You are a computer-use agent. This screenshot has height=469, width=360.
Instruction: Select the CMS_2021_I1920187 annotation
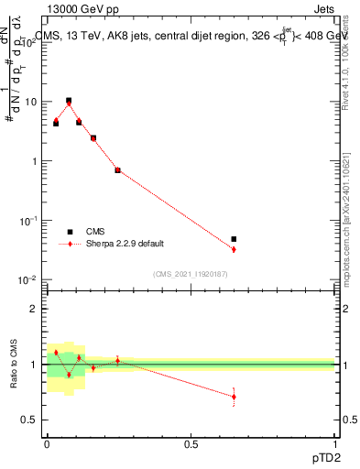tap(190, 274)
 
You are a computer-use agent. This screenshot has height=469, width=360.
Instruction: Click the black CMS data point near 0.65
tap(234, 239)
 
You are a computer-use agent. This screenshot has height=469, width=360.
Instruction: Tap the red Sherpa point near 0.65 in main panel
tap(234, 249)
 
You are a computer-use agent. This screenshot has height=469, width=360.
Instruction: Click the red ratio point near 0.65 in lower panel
tap(234, 397)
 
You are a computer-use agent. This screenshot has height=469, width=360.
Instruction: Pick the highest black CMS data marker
tap(69, 101)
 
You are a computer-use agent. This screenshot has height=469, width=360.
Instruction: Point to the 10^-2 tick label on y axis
tap(29, 280)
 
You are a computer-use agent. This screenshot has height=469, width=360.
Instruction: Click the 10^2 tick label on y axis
tap(29, 42)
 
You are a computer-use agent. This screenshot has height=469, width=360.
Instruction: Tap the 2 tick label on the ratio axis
tap(37, 309)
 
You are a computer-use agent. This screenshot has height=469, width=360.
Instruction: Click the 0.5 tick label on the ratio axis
tap(33, 420)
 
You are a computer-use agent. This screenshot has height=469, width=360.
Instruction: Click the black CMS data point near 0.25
tap(117, 170)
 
